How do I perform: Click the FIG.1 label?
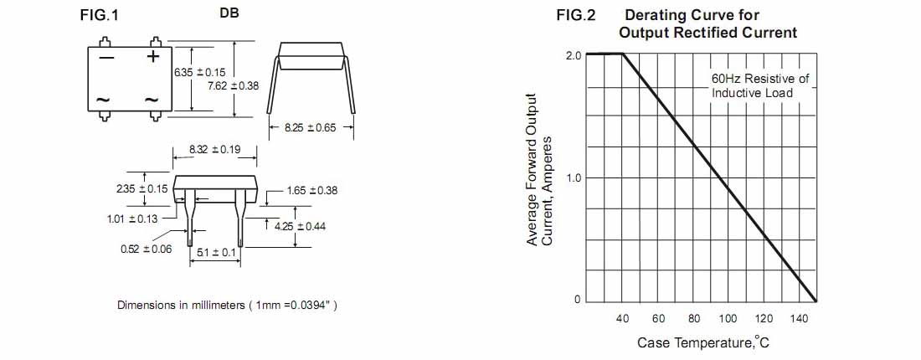point(99,16)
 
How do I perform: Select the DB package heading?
point(229,13)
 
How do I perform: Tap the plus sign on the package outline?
point(152,56)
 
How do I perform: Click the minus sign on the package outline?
point(106,58)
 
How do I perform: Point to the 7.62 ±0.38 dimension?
point(234,85)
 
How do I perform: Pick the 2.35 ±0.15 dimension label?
point(142,188)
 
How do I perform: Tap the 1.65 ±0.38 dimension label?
point(312,190)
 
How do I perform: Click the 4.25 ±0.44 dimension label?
point(300,226)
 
